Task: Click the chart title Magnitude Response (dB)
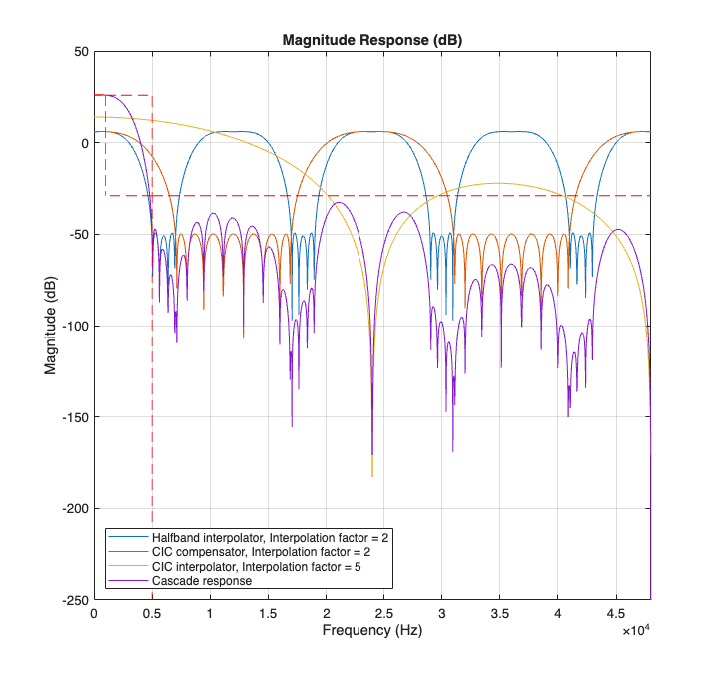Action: point(371,40)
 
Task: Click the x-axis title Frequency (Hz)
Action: point(371,632)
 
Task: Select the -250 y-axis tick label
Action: point(72,600)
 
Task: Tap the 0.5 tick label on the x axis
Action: point(152,614)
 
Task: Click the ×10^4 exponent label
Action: point(636,631)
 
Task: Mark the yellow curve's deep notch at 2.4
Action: point(371,475)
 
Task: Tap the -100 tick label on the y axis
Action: point(72,326)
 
